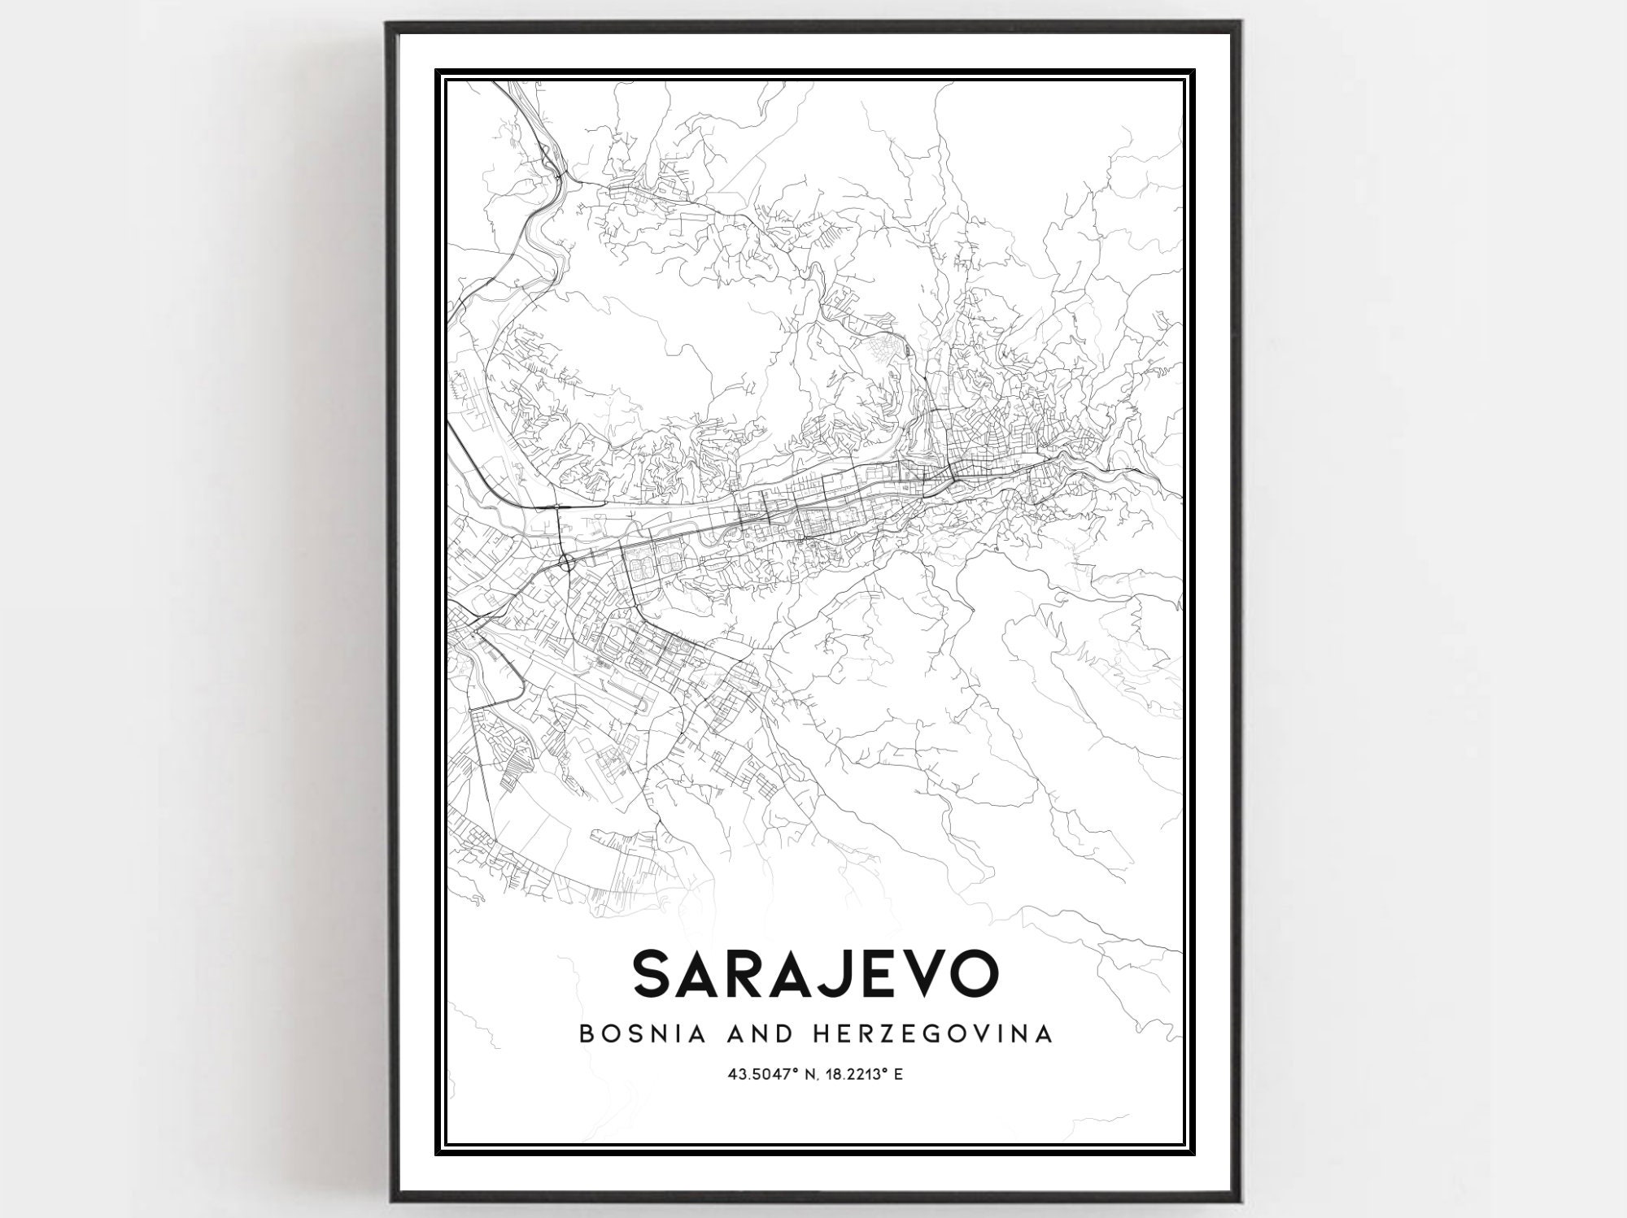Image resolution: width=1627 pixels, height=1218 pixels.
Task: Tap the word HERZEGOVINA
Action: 923,1034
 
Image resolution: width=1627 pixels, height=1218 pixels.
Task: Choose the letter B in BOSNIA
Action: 585,1034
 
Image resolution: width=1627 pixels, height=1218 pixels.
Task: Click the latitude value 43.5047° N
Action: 774,1076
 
